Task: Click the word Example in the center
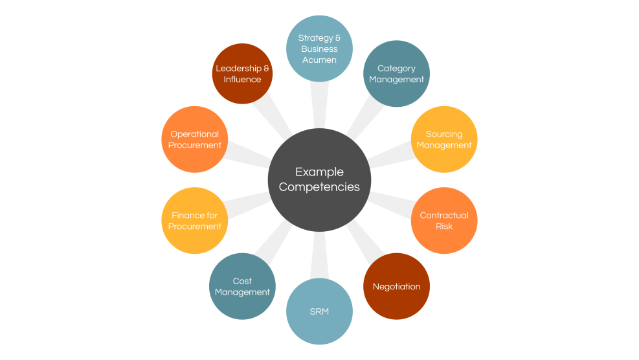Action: tap(319, 172)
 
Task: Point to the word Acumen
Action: tap(319, 60)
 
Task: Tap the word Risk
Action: tap(444, 227)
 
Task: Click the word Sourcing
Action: tap(444, 134)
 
